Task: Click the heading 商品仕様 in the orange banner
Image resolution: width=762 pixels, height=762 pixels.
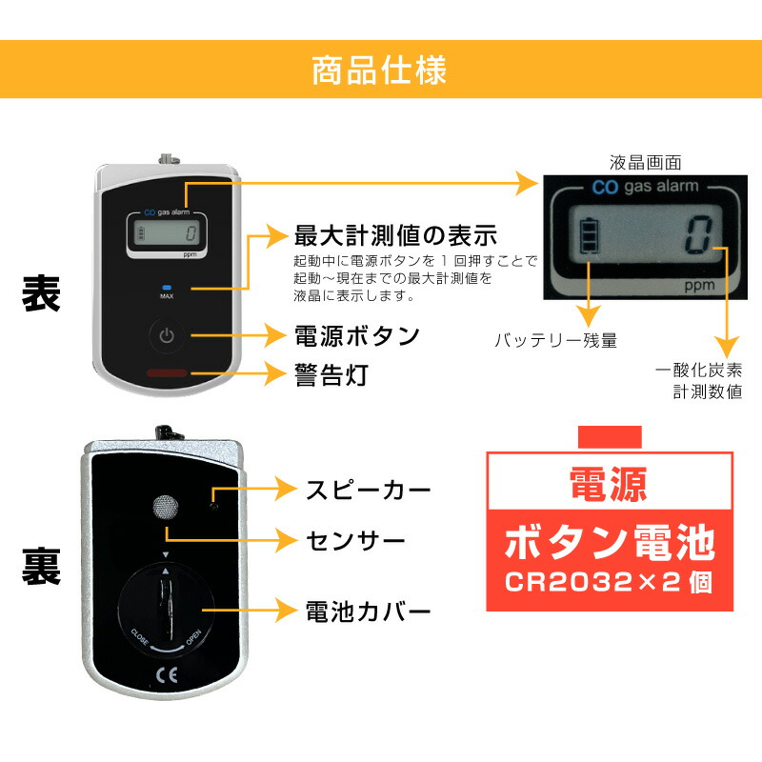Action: pyautogui.click(x=380, y=71)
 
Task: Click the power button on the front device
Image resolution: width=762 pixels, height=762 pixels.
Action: pyautogui.click(x=167, y=336)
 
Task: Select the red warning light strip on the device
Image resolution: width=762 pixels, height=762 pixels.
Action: pyautogui.click(x=167, y=374)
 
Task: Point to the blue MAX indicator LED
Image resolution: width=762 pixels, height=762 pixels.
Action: pyautogui.click(x=167, y=287)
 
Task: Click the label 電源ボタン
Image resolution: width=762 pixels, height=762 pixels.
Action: pyautogui.click(x=356, y=336)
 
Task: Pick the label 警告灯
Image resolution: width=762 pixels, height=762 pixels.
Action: pyautogui.click(x=331, y=373)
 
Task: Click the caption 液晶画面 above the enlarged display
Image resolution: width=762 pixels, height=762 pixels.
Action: pyautogui.click(x=645, y=163)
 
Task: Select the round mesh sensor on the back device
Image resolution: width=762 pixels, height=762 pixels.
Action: pyautogui.click(x=165, y=507)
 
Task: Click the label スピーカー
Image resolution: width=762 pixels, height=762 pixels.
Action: pyautogui.click(x=368, y=491)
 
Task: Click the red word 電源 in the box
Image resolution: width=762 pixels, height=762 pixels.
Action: pyautogui.click(x=609, y=484)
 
